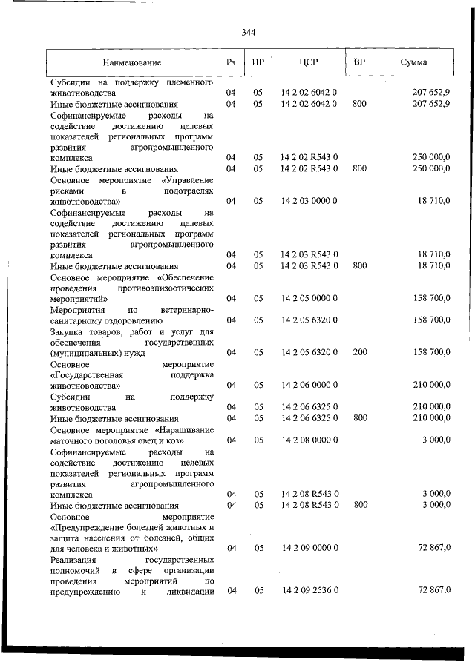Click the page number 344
[248, 32]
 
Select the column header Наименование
[132, 63]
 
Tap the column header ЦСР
[309, 63]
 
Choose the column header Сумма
[413, 63]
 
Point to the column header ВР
[359, 63]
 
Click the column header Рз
[231, 63]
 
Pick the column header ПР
[258, 63]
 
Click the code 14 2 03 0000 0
[309, 201]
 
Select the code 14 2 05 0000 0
[309, 298]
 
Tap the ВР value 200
[360, 352]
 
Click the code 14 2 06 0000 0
[309, 385]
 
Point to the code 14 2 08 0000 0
[309, 440]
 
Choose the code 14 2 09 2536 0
[309, 590]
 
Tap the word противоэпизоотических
[168, 287]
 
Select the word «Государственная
[84, 374]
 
